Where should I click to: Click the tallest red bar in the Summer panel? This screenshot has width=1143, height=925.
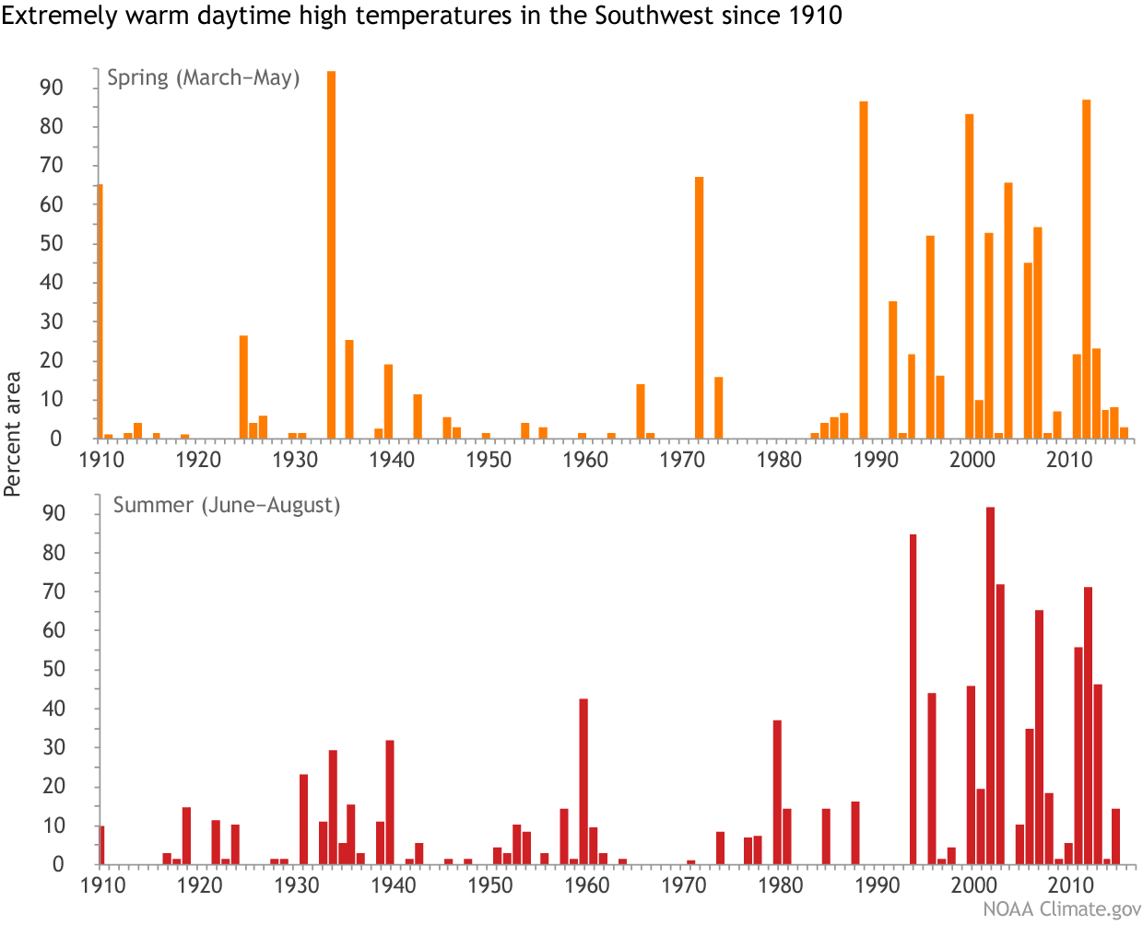pyautogui.click(x=990, y=685)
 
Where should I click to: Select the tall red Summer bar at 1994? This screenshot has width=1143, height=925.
pyautogui.click(x=913, y=699)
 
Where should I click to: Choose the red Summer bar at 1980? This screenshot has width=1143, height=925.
pyautogui.click(x=777, y=792)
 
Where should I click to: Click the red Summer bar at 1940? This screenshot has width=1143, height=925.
pyautogui.click(x=390, y=802)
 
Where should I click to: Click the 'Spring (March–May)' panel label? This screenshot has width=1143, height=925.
pyautogui.click(x=203, y=77)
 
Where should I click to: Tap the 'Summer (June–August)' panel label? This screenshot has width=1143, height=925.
pyautogui.click(x=226, y=505)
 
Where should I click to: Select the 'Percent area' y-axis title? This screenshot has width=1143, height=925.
pyautogui.click(x=13, y=433)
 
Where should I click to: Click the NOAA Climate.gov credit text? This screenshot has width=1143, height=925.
pyautogui.click(x=1061, y=909)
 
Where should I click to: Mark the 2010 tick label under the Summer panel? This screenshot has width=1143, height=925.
pyautogui.click(x=1069, y=885)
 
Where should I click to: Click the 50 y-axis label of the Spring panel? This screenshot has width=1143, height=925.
pyautogui.click(x=52, y=244)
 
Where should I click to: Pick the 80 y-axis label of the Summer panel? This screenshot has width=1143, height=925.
pyautogui.click(x=52, y=553)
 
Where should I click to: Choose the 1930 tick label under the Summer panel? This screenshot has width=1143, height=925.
pyautogui.click(x=297, y=885)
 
